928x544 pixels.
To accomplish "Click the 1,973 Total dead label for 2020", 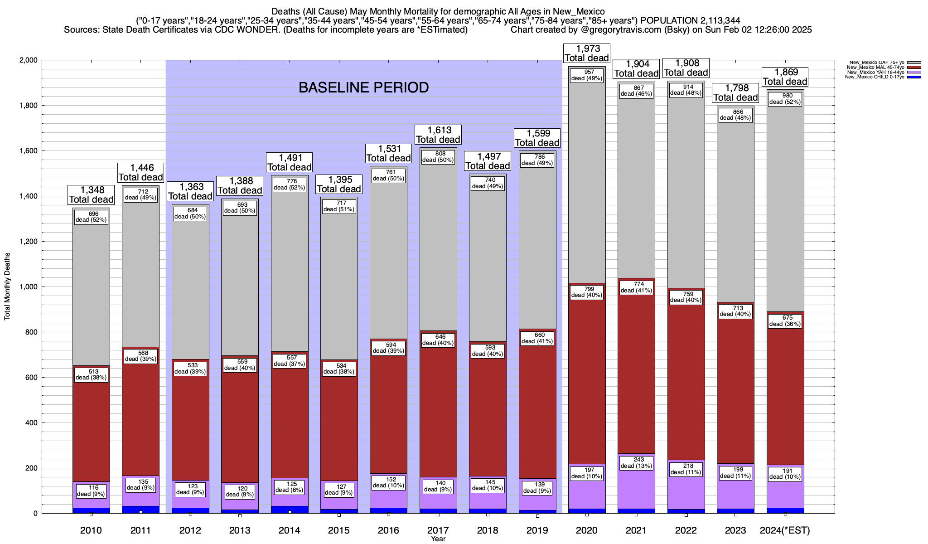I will pyautogui.click(x=586, y=53).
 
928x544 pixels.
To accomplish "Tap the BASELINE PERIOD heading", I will pyautogui.click(x=363, y=87).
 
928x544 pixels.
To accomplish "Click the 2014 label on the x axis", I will pyautogui.click(x=289, y=530).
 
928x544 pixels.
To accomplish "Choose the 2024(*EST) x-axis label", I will pyautogui.click(x=785, y=530).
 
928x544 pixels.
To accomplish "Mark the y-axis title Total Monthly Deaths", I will pyautogui.click(x=7, y=287).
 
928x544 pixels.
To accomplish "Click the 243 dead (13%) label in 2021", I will pyautogui.click(x=636, y=462).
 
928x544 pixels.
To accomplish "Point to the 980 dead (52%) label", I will pyautogui.click(x=785, y=98).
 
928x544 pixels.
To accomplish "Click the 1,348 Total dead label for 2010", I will pyautogui.click(x=91, y=195).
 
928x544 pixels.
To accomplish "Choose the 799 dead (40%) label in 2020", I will pyautogui.click(x=587, y=291).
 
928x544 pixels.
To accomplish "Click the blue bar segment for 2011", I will pyautogui.click(x=141, y=510).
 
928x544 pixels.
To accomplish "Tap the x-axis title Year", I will pyautogui.click(x=438, y=539).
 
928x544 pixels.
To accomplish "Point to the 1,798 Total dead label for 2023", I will pyautogui.click(x=735, y=92).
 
